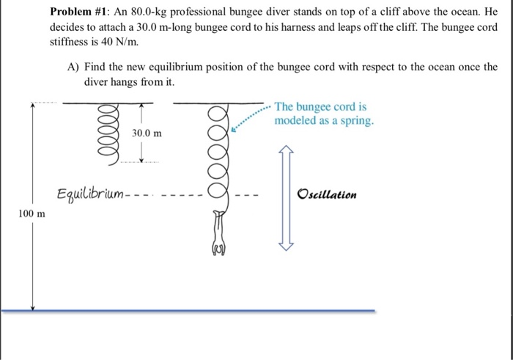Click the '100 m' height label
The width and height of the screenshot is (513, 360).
coord(31,213)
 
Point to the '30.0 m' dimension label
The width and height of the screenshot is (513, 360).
coord(147,133)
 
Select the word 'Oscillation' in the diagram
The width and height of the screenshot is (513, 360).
coord(327,195)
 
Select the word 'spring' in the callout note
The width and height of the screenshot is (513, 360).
coord(358,120)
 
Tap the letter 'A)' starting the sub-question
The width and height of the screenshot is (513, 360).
coord(73,67)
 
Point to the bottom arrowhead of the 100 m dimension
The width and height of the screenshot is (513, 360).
coord(33,305)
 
